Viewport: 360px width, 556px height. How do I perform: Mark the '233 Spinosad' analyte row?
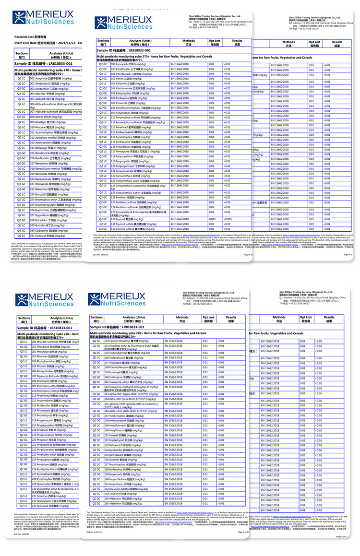(x=51, y=506)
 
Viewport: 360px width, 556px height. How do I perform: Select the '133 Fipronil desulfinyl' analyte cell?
(x=130, y=340)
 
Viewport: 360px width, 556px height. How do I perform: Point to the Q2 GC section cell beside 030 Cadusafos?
(x=22, y=230)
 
